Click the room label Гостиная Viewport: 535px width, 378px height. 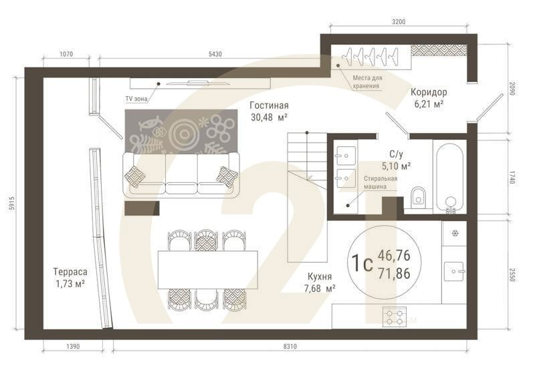click(269, 106)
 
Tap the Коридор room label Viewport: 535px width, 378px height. click(429, 92)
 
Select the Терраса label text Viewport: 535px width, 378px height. click(71, 272)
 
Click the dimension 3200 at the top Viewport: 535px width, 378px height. click(399, 21)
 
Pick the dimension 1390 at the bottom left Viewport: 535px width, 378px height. click(74, 346)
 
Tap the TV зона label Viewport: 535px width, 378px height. click(136, 98)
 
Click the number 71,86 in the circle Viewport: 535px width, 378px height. click(395, 272)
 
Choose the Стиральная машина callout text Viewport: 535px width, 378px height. click(381, 183)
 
